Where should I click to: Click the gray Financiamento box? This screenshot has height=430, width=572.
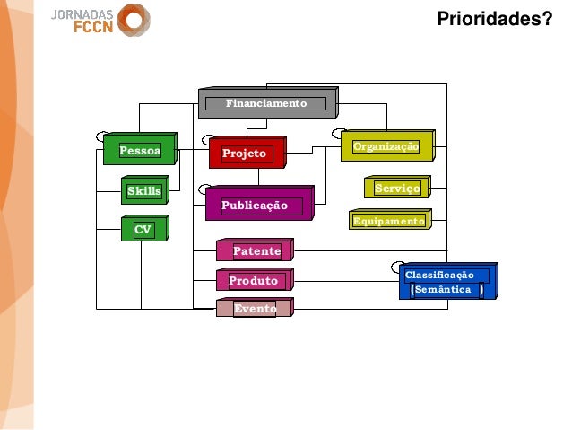coord(266,104)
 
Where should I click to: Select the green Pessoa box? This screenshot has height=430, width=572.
coord(140,151)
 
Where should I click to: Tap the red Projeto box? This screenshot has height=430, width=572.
coord(245,154)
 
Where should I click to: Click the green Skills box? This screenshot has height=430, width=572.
coord(143,191)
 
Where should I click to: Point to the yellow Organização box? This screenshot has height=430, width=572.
coord(386,146)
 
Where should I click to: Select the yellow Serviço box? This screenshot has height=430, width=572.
coord(396,189)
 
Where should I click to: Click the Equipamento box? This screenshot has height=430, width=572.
coord(388,221)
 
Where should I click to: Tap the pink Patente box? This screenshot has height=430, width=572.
coord(256,251)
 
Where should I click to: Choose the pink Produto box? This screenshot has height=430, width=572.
coord(254,281)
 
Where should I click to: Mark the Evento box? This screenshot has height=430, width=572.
coord(255,309)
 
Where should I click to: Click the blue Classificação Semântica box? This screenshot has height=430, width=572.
coord(446,282)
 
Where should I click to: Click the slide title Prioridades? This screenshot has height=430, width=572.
coord(494,18)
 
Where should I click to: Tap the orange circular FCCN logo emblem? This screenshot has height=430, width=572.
coord(134,20)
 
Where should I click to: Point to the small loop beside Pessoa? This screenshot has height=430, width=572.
coord(102,136)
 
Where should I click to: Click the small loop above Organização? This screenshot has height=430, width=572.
coord(339,134)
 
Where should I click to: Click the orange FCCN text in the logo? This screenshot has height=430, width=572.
coord(92,27)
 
